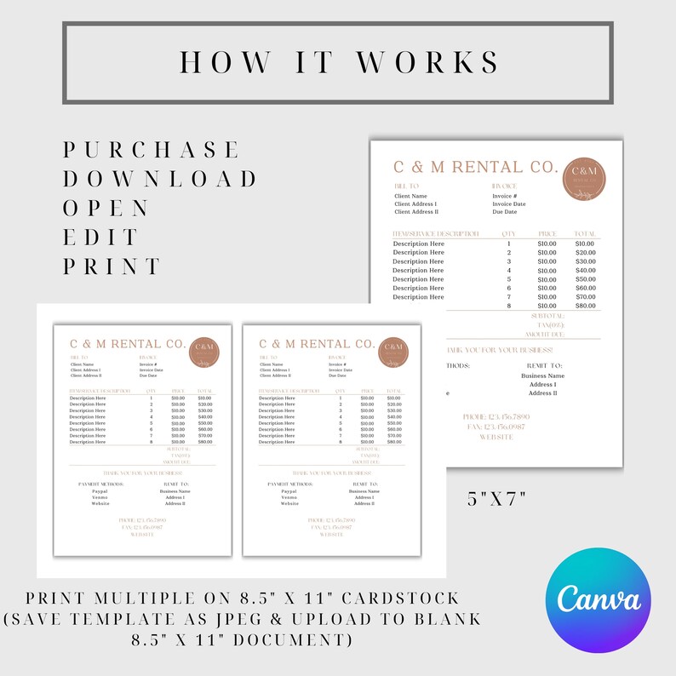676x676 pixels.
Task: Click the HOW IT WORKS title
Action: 337,62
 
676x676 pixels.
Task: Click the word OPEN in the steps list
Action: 107,208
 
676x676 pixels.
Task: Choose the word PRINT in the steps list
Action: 112,266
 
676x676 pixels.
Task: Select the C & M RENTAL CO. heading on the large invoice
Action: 475,167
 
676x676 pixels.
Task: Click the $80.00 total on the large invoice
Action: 585,306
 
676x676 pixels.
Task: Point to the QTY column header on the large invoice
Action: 509,233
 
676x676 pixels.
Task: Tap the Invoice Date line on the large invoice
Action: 509,204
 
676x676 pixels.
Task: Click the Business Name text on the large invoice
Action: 542,375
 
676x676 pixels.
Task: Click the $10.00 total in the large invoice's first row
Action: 585,243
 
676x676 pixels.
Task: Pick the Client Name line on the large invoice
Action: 410,196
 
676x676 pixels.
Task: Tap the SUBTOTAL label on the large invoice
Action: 547,316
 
